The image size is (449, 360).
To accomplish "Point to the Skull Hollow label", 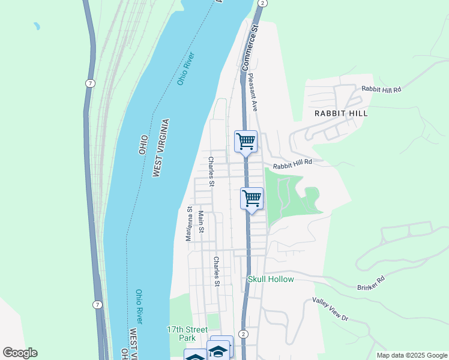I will pos(271,280).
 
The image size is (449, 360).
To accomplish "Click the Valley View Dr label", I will pos(330,309).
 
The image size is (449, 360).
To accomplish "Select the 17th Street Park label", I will pos(187,334).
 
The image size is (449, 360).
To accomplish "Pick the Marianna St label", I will pos(188,224).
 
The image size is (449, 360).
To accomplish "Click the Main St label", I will pos(201,222).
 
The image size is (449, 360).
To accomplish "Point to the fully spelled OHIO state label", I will pos(143,145).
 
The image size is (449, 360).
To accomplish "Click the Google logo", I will pos(20,353).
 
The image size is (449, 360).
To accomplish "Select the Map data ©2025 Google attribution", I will pos(411,355).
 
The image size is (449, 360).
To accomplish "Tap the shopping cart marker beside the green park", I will pos(252,198).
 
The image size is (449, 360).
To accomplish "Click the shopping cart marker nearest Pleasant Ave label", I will pos(246,142).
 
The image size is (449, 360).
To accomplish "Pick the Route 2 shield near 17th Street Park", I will pos(243,334).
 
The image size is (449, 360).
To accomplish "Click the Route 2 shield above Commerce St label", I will pos(262,3).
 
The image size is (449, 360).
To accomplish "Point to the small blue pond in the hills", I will pos(37,26).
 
